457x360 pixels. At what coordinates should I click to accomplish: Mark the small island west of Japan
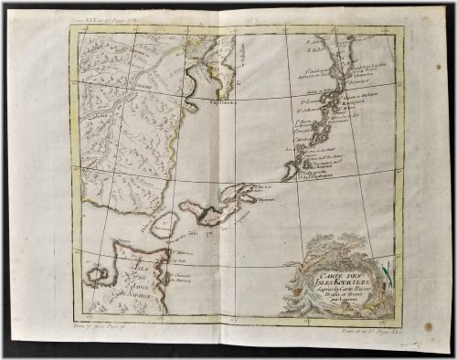tap(95, 270)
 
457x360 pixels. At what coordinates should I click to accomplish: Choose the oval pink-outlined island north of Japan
tap(163, 225)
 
